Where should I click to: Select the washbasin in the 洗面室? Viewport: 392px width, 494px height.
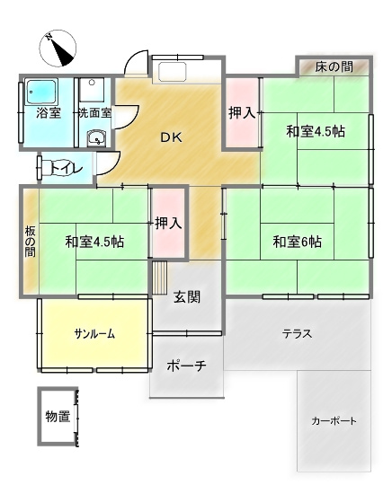(96, 139)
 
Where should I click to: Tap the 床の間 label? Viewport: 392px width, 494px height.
(334, 67)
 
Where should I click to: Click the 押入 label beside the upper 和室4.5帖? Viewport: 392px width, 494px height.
(241, 113)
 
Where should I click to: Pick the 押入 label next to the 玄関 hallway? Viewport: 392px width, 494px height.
(168, 222)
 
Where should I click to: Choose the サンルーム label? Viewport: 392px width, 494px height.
(94, 333)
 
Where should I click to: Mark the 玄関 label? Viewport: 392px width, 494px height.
(187, 297)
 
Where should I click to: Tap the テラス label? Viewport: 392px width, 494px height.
(297, 333)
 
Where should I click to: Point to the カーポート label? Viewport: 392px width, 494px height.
(334, 420)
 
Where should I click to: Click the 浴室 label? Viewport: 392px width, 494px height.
(48, 114)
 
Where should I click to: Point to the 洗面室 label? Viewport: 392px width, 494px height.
(94, 114)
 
